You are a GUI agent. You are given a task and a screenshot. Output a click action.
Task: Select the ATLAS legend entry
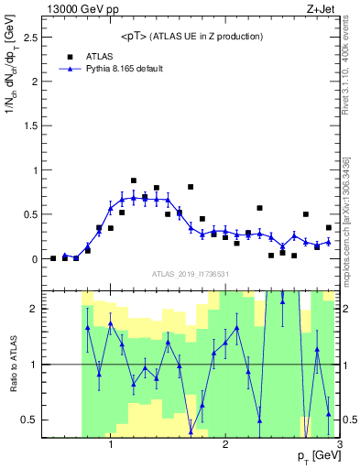coord(98,56)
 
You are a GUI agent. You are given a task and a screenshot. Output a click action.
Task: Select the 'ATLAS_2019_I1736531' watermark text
coord(191,274)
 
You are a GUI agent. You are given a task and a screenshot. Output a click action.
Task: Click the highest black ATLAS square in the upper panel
coord(134,180)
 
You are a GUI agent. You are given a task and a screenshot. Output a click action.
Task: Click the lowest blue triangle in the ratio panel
coord(191,432)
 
